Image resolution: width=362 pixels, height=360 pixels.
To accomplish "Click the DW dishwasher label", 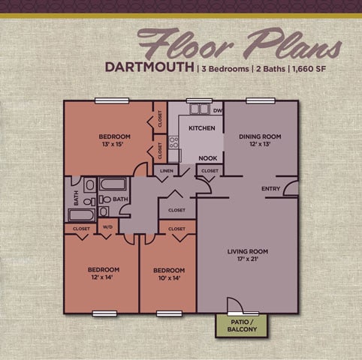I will click(218, 112).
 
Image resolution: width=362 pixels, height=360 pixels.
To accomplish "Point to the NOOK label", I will click(208, 159).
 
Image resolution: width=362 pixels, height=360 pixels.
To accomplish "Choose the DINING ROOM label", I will click(260, 136).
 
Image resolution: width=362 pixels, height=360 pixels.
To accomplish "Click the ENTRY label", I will click(271, 188).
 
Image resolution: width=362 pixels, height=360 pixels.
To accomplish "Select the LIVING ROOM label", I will click(247, 251).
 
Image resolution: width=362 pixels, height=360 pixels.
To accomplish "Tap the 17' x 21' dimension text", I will click(247, 260).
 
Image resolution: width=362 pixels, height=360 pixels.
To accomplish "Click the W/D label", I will click(107, 228).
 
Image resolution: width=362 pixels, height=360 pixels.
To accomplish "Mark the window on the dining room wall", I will click(259, 100).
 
